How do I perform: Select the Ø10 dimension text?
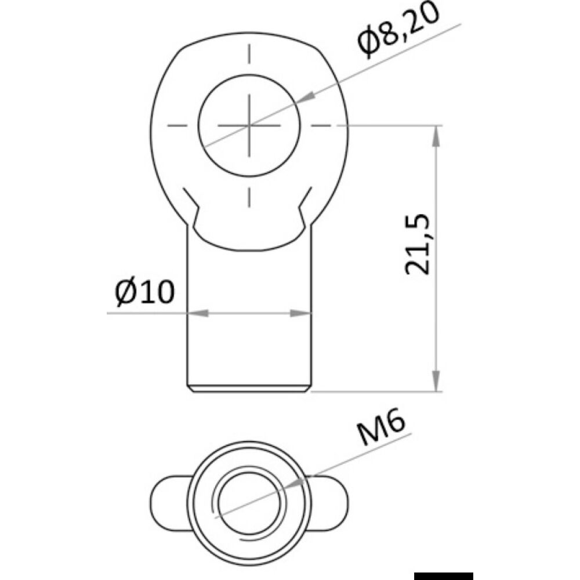144,293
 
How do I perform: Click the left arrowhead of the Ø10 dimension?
197,313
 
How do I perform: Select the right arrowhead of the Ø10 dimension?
302,313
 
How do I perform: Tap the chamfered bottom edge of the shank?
249,389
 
